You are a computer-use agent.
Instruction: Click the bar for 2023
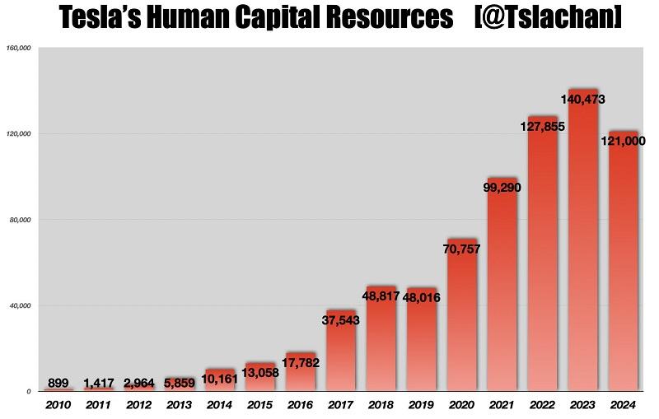(x=583, y=247)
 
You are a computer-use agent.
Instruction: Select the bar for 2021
(x=502, y=288)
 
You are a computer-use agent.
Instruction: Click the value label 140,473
(x=583, y=100)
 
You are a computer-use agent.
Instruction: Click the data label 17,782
(x=301, y=363)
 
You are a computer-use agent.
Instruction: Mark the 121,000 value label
(x=624, y=142)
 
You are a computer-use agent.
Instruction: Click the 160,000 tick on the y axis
(x=18, y=49)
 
